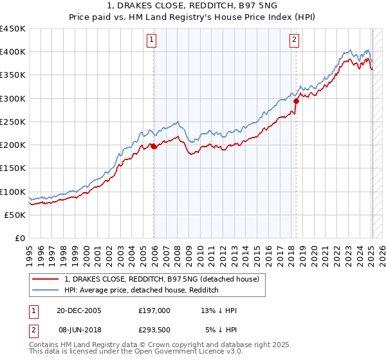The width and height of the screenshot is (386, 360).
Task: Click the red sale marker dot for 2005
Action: tap(154, 147)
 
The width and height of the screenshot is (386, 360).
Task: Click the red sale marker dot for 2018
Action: tap(296, 101)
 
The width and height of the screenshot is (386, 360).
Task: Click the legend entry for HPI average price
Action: tap(142, 290)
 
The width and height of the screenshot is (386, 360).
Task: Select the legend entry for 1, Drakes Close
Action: tap(161, 279)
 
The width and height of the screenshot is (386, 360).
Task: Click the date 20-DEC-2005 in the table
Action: tap(79, 310)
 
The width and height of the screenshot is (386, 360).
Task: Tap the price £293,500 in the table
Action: tap(157, 330)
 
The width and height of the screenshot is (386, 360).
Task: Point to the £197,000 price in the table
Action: tap(154, 310)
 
